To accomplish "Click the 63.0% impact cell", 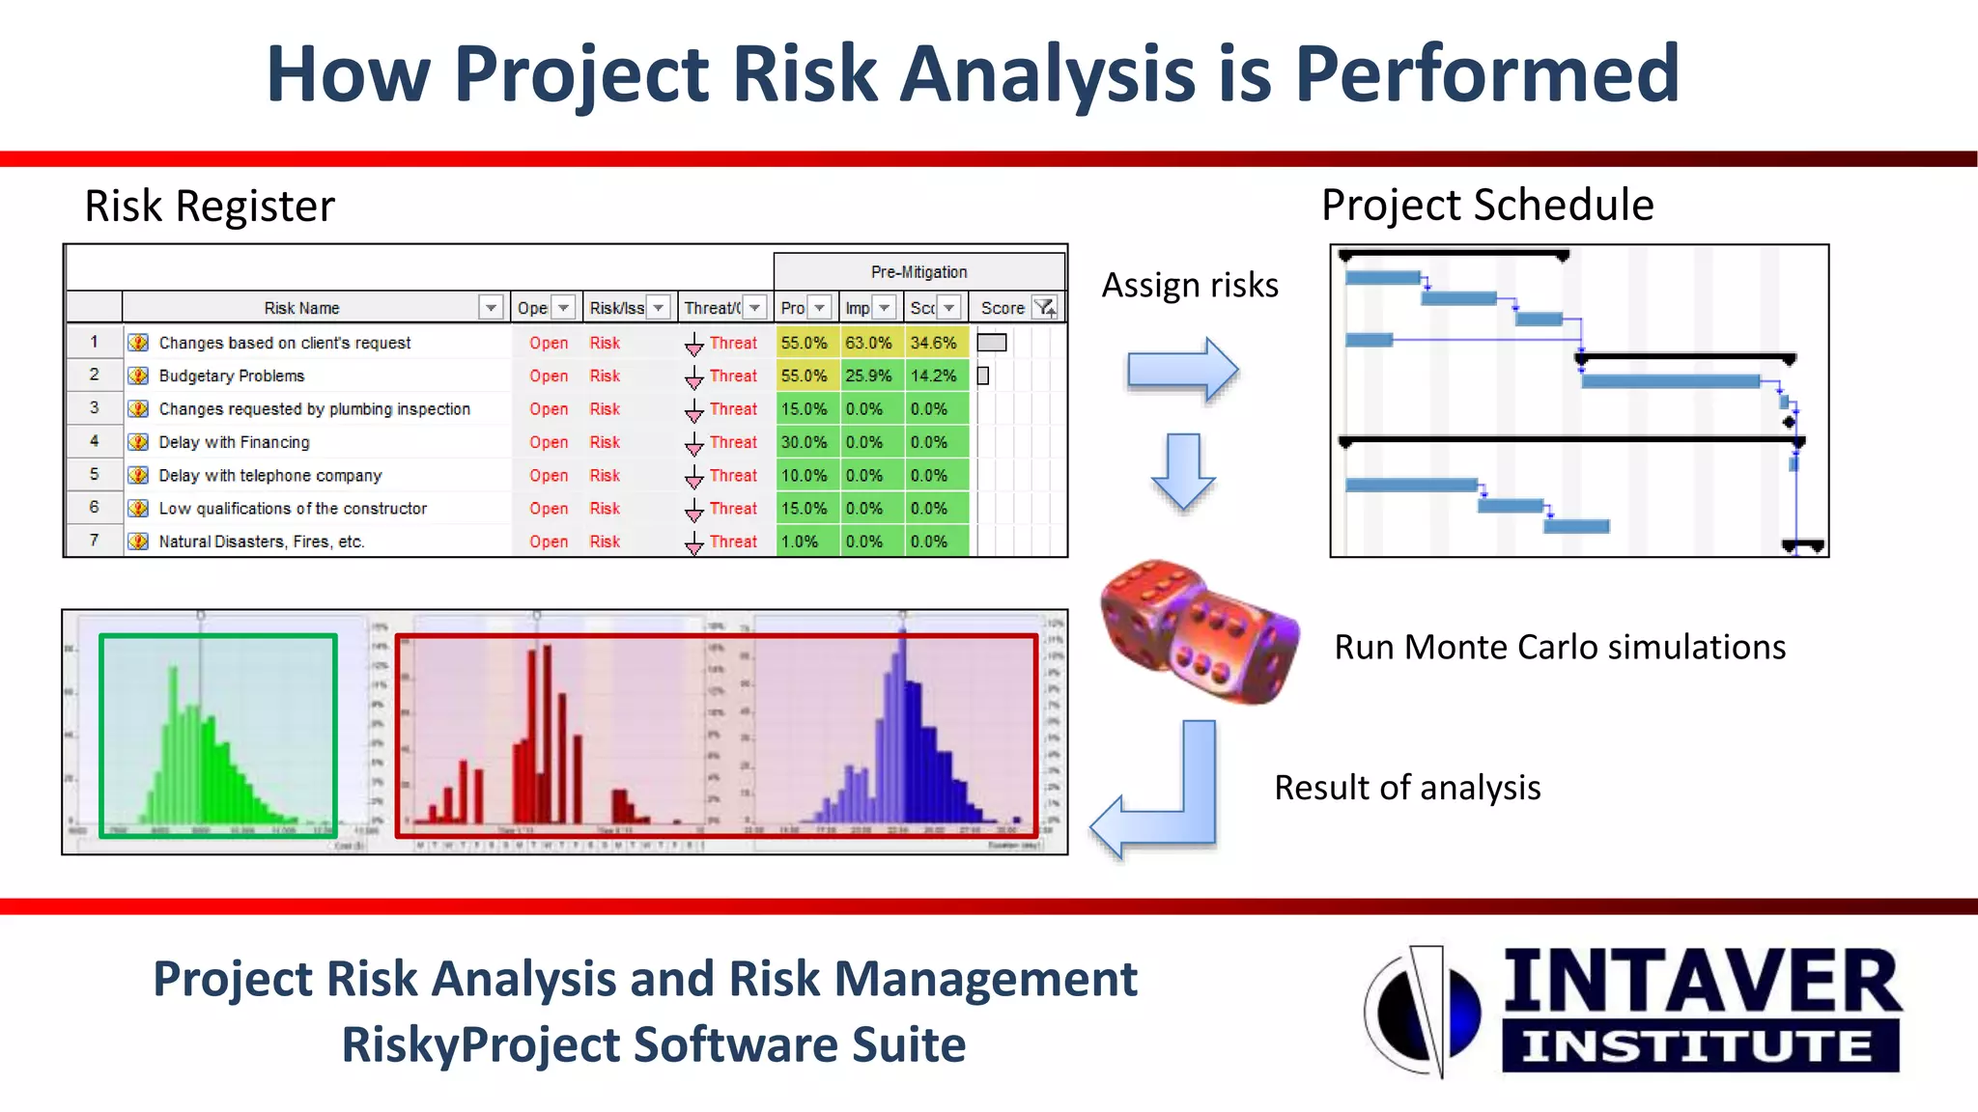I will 868,343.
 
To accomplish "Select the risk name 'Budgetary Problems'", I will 231,375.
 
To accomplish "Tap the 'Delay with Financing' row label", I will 234,442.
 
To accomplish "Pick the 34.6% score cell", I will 933,343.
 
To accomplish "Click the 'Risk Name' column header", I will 301,308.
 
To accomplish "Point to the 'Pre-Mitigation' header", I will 918,272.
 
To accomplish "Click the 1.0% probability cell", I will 801,542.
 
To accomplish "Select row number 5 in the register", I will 94,474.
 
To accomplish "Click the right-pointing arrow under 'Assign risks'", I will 1182,370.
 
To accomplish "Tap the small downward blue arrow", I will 1183,471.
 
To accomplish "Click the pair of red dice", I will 1199,631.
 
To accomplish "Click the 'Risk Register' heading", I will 210,206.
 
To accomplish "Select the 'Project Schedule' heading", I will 1486,205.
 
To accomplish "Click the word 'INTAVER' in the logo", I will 1702,981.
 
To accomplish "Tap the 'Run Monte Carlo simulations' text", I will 1559,647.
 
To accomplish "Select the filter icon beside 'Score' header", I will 1045,308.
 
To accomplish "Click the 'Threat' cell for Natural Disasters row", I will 732,542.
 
